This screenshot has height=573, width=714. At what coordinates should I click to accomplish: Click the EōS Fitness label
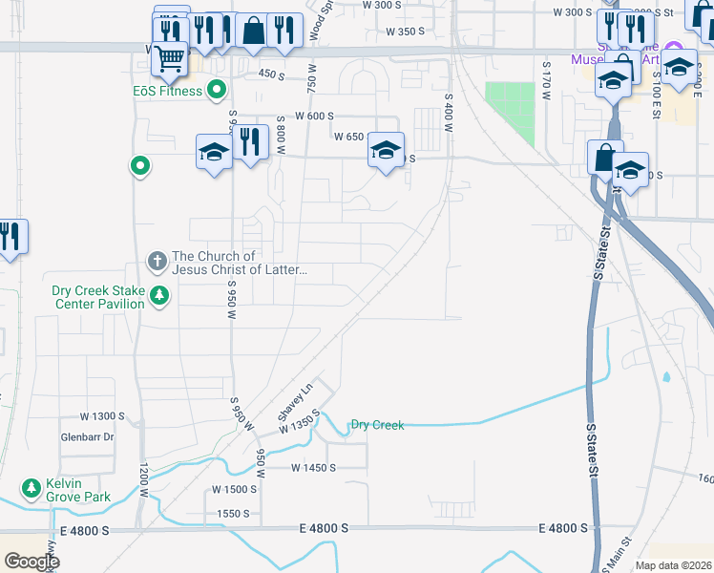[x=168, y=92]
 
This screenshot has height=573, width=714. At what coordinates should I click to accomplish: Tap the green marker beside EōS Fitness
[x=217, y=92]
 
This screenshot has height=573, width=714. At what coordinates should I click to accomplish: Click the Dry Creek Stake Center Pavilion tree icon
[x=158, y=297]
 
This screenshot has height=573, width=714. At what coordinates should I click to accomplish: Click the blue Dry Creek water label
[x=377, y=424]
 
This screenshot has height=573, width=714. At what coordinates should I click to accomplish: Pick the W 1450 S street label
[x=313, y=467]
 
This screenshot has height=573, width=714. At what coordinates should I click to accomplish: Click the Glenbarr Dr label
[x=88, y=437]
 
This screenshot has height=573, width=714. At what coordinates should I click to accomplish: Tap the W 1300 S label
[x=103, y=416]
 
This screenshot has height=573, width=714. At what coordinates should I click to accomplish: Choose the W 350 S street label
[x=405, y=32]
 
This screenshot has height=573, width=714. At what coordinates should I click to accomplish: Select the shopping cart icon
[x=170, y=59]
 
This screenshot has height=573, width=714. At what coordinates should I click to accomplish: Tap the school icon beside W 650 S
[x=386, y=151]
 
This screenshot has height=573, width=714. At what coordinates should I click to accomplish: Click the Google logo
[x=31, y=562]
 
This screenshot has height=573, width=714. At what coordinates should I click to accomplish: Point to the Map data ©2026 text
[x=673, y=565]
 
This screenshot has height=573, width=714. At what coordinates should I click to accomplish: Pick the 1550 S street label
[x=233, y=513]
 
